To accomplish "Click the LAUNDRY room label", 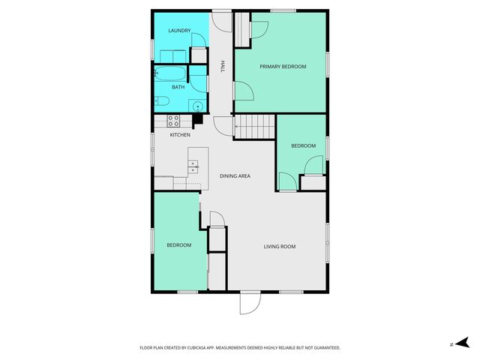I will point(179,31).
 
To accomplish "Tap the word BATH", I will point(178,87).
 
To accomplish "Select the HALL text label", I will point(223,67).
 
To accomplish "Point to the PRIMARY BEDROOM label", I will point(283,67).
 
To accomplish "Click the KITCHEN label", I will point(179,135).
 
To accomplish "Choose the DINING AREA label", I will point(235,175).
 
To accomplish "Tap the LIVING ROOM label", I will point(279,247).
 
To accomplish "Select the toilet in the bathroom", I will point(161,101).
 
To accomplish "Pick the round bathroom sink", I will point(198,106).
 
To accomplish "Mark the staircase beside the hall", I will point(255,127).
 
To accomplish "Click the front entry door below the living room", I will point(249,302).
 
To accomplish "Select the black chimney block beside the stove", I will point(198,118).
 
